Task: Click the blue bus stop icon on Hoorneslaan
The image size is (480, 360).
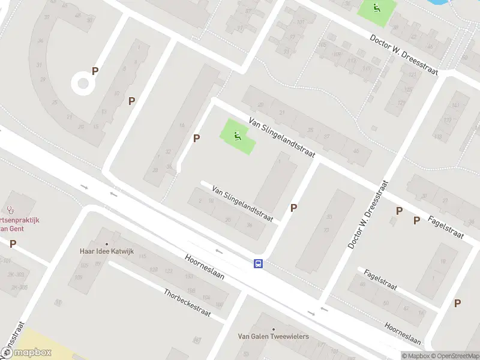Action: (x=259, y=263)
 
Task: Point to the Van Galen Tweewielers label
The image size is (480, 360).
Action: (x=273, y=336)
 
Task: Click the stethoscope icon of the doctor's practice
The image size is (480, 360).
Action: (x=10, y=209)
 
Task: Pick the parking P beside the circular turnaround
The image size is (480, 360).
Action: (x=95, y=71)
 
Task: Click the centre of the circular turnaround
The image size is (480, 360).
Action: (x=83, y=83)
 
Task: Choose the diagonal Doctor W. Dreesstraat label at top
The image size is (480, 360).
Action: (x=404, y=54)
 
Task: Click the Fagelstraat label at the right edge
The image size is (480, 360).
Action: (x=446, y=227)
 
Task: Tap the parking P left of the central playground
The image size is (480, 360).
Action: (x=196, y=139)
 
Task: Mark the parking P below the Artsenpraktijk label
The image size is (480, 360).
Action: (x=13, y=244)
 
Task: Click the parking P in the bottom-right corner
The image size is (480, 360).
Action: (x=457, y=303)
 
